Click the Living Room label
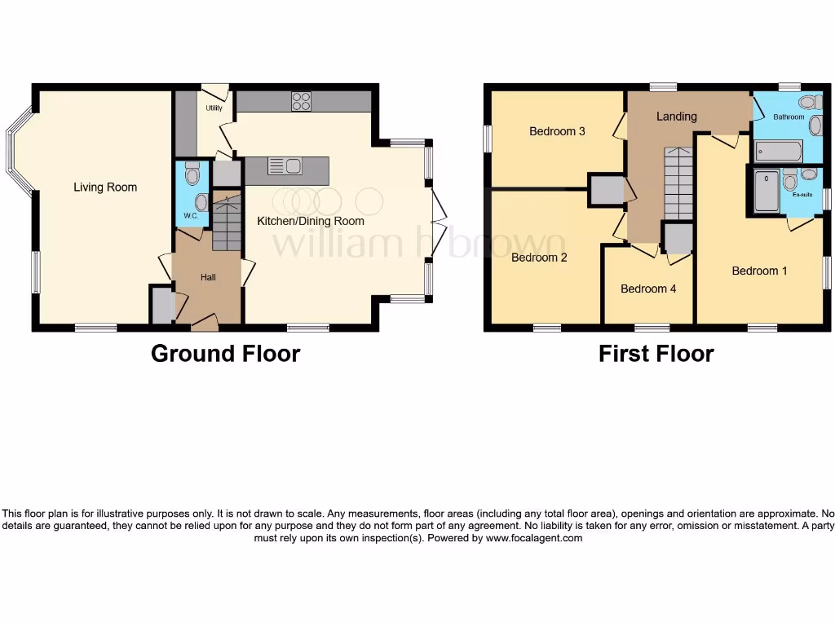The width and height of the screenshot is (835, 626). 105,187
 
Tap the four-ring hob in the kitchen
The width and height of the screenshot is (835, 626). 302,101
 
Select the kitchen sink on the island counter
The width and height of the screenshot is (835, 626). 285,166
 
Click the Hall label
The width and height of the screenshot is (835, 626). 209,278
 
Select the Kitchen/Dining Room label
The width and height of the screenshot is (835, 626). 311,221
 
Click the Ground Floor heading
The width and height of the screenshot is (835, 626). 225,354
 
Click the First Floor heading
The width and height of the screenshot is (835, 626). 656,354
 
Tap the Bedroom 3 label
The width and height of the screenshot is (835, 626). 557,131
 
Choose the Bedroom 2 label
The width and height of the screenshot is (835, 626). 539,258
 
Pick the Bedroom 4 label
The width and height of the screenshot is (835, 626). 648,289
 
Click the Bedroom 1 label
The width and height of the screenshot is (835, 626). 759,271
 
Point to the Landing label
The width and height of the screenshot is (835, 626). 677,117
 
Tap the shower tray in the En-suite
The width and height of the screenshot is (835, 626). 767,192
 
